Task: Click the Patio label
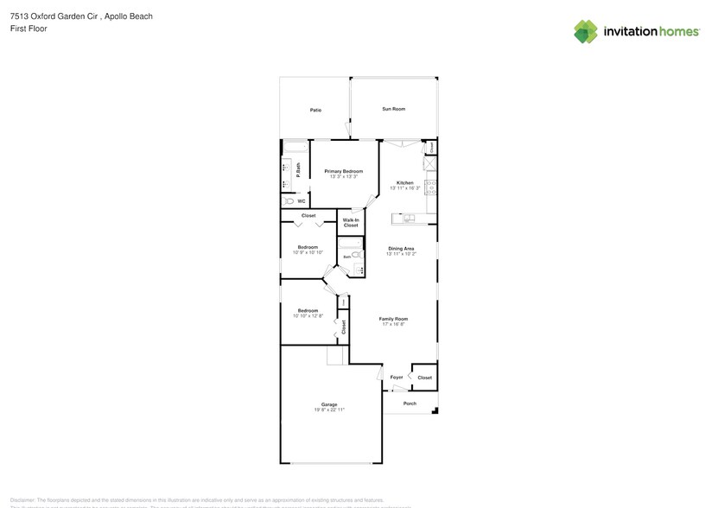tap(316, 111)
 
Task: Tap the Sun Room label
tap(394, 109)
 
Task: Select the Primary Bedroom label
tap(344, 171)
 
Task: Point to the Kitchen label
tap(404, 182)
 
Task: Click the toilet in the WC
tap(289, 201)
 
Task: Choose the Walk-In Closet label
tap(351, 223)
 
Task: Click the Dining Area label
tap(401, 249)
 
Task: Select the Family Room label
tap(393, 319)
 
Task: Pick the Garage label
tap(329, 404)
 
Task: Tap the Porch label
tap(410, 403)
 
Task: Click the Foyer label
tap(397, 378)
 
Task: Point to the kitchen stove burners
tap(430, 187)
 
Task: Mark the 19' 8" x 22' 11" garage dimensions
tap(329, 410)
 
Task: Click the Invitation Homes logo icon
tap(586, 31)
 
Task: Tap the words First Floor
tap(29, 29)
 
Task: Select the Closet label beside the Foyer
tap(424, 378)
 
